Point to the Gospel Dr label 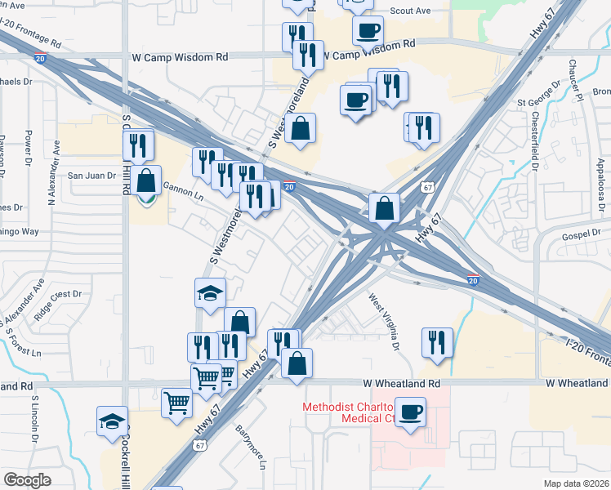pyautogui.click(x=581, y=235)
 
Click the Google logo pyautogui.click(x=28, y=480)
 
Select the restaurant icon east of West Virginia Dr pyautogui.click(x=437, y=342)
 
